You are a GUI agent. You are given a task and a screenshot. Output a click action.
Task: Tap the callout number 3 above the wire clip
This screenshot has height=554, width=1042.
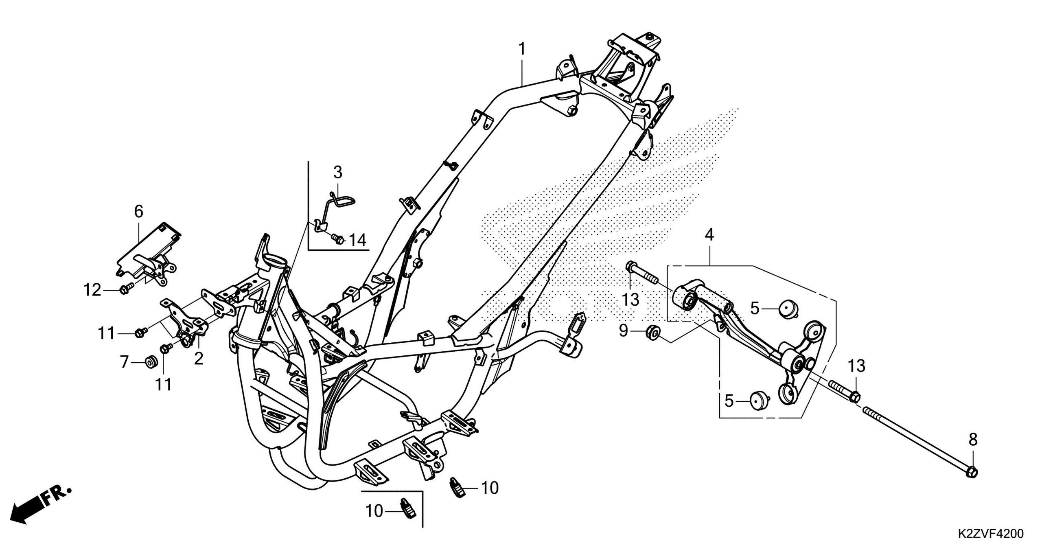[338, 173]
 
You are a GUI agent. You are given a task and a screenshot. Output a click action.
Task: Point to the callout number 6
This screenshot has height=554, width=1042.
[138, 211]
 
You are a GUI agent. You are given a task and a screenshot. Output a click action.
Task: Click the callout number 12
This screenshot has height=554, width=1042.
[92, 290]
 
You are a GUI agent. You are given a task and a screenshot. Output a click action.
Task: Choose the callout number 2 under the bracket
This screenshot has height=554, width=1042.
[199, 359]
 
